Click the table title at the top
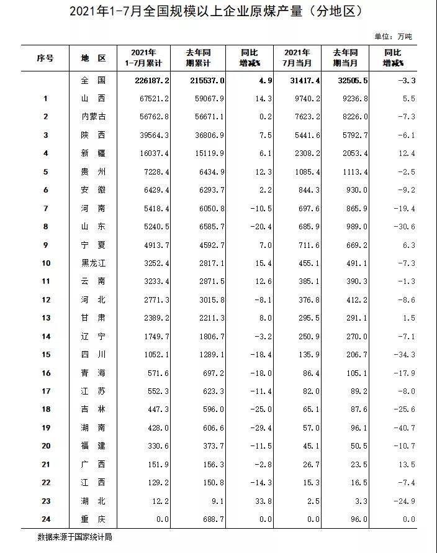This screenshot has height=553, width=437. pyautogui.click(x=215, y=11)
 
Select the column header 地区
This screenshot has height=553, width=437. pyautogui.click(x=94, y=58)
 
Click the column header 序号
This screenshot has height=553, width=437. pyautogui.click(x=45, y=58)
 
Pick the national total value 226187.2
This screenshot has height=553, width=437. pyautogui.click(x=152, y=80)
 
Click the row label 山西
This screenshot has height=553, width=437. pyautogui.click(x=94, y=98)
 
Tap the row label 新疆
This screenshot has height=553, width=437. pyautogui.click(x=94, y=153)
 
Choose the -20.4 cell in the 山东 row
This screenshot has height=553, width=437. pyautogui.click(x=261, y=227)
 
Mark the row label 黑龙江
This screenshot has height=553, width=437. pyautogui.click(x=94, y=263)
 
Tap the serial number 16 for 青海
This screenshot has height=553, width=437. pyautogui.click(x=46, y=373)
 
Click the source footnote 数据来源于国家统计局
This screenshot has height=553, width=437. pyautogui.click(x=74, y=536)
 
